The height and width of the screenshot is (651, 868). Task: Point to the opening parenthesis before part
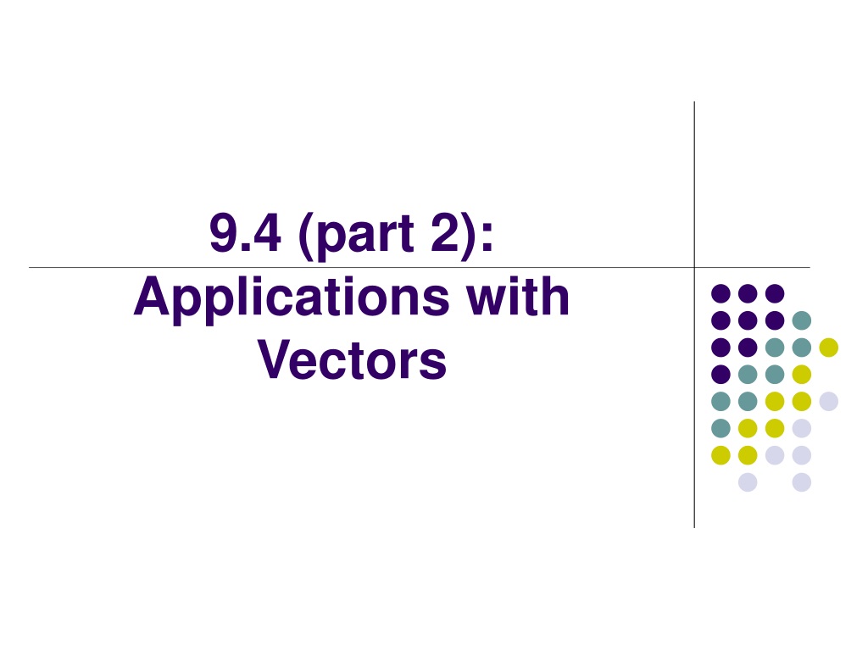point(305,236)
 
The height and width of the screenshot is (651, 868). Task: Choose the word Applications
point(292,301)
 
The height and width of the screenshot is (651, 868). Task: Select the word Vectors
point(352,359)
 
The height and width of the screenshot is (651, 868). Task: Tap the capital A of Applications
point(152,296)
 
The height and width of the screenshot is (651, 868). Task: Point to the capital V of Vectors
point(275,359)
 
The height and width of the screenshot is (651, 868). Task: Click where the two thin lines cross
point(694,267)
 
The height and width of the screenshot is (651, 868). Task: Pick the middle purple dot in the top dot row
point(748,293)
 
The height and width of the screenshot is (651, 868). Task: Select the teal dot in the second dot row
point(802,320)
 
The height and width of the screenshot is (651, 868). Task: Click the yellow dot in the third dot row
point(829,348)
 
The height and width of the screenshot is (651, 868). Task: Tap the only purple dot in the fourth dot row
point(721,375)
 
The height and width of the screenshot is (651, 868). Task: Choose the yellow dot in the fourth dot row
point(802,375)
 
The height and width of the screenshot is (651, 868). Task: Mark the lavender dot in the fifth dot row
point(829,401)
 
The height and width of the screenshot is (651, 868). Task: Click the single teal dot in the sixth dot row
point(721,428)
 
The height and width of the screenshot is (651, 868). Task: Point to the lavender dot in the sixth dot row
point(802,428)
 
